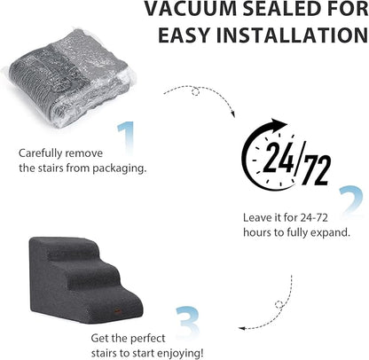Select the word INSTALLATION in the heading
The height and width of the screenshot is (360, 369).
(294, 36)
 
